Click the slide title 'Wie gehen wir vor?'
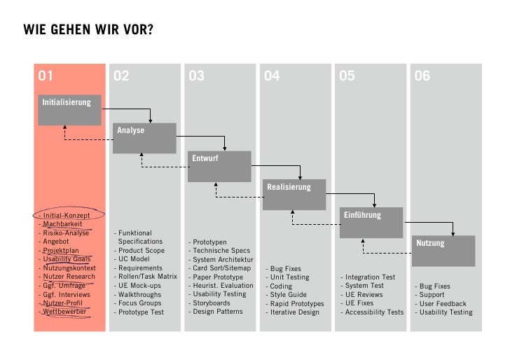88,30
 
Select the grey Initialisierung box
69,109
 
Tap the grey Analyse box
144,138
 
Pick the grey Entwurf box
219,167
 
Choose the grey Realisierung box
294,195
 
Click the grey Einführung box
372,223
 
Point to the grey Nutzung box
443,251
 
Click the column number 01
46,76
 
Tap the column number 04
272,76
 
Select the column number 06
422,76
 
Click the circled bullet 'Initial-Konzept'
67,216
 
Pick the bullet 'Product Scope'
142,251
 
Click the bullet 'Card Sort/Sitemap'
221,268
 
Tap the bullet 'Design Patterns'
219,312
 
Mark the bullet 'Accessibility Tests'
374,312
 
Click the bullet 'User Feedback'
443,304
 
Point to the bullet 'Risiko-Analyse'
66,233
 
